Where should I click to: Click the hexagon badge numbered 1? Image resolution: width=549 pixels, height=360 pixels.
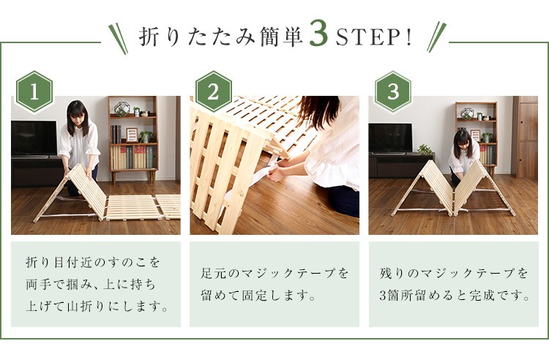coord(34,91)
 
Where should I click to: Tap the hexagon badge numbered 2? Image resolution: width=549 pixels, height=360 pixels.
coord(213,91)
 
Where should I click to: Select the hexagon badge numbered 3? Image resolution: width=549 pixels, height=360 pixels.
coord(393,91)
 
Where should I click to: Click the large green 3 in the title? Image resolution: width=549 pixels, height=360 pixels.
coord(318,34)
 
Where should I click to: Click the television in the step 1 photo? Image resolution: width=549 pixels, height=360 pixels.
coord(34,138)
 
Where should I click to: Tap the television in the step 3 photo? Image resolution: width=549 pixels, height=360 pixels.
coord(390,138)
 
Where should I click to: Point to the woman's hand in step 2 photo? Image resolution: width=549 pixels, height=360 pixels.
coord(277,174)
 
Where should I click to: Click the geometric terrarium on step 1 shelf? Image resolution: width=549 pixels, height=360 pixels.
coord(122,109)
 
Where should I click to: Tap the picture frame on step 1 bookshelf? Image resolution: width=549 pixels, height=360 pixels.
coord(132,135)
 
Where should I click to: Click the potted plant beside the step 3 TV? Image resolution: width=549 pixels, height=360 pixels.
coord(425,150)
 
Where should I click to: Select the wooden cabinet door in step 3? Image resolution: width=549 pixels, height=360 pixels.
coord(527,140)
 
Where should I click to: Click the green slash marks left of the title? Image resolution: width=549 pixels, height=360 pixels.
coord(118,39)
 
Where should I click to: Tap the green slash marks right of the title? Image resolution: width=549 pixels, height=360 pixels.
coord(436,37)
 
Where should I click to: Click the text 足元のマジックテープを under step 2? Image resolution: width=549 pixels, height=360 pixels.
coord(274,273)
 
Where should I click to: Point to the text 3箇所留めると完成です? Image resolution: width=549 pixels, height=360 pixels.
coord(455,296)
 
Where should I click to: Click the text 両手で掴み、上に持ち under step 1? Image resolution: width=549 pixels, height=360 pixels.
coord(90,285)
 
